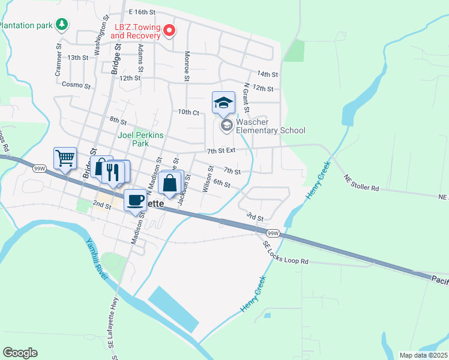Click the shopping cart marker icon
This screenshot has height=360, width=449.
point(65,158)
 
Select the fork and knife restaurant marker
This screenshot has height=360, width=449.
point(112,172)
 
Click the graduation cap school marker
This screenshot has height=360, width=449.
point(223,103)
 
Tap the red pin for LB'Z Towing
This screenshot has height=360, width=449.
point(169,29)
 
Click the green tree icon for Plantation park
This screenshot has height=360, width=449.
point(61,25)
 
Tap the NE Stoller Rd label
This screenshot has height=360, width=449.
point(361,183)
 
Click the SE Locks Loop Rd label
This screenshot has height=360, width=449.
point(286,253)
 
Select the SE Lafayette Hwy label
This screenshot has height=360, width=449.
point(111,329)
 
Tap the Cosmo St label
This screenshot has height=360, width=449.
point(76,85)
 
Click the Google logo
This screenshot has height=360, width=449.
point(20,353)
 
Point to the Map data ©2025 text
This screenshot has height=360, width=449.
point(424,355)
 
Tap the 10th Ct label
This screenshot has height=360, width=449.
point(188,112)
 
